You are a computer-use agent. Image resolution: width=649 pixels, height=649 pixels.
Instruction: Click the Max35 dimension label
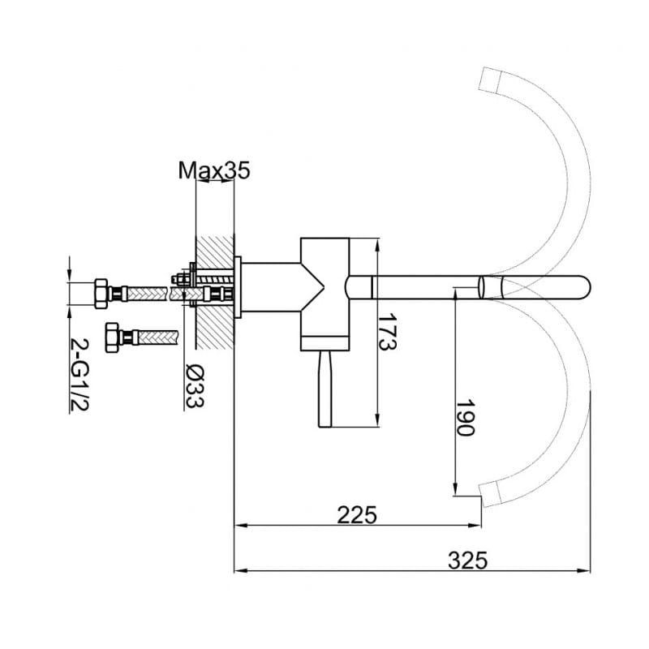coord(214,170)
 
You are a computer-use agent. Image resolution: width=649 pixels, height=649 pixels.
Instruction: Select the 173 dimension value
coord(388,332)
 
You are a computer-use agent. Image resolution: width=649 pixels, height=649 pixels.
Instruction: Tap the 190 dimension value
coord(465,418)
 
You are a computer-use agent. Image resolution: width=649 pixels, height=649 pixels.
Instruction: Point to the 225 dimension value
coord(357,515)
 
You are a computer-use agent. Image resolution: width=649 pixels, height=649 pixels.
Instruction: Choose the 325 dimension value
coord(468,561)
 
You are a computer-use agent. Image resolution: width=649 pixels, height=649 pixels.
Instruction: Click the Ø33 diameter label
coord(194,386)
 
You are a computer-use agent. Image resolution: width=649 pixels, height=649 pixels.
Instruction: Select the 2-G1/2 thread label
coord(80,375)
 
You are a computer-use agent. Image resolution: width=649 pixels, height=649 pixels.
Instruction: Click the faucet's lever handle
coord(325,389)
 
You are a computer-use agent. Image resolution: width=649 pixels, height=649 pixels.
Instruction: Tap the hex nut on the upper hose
coord(101,294)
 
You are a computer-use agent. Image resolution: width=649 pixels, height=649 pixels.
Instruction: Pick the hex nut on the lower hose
coord(113,337)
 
